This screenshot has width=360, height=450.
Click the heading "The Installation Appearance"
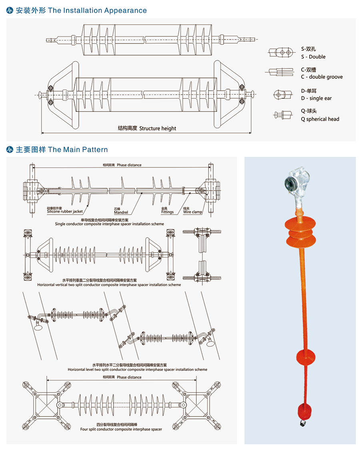coord(97,11)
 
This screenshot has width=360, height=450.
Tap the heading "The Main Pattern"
coord(78,150)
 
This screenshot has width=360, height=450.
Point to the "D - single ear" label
coord(316,98)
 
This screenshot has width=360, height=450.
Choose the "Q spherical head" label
coord(320,119)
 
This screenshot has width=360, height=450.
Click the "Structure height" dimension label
coord(158,128)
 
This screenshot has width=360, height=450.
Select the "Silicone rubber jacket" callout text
coord(65,211)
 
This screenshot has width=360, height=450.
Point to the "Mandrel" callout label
coord(121,212)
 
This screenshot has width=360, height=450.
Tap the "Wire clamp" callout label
coord(193,212)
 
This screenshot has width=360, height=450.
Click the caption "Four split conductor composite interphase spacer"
coord(121,429)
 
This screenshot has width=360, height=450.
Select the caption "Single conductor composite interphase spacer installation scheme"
coord(109,224)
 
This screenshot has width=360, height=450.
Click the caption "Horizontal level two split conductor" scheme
coord(137,370)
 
